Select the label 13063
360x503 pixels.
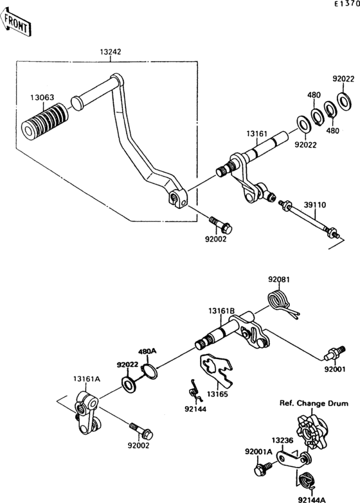(41, 98)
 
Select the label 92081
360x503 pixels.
(279, 279)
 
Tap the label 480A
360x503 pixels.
(148, 352)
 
